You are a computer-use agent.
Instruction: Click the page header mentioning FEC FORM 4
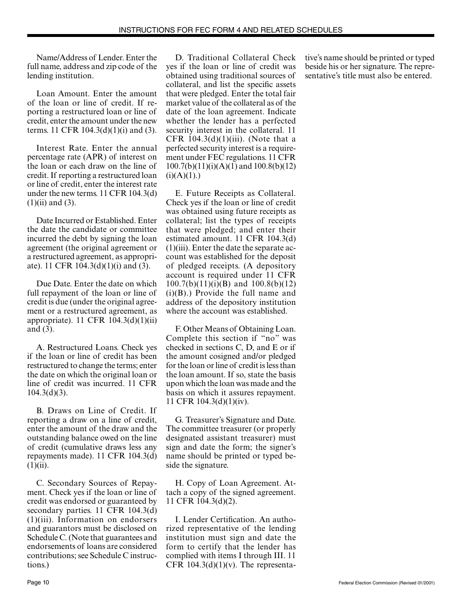(x=231, y=30)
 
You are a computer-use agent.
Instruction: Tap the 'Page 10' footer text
(x=38, y=582)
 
